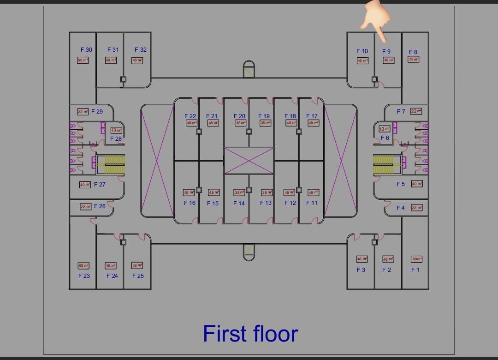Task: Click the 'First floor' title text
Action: (x=250, y=334)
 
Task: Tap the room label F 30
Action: (x=86, y=49)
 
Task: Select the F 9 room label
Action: (x=386, y=51)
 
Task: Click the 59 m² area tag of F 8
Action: (x=414, y=59)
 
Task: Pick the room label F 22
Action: (x=190, y=116)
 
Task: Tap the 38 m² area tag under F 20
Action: (x=240, y=123)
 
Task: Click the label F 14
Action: (x=239, y=203)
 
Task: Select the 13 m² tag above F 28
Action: (x=116, y=130)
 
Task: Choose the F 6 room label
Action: (x=385, y=138)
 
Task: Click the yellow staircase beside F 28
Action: (x=115, y=165)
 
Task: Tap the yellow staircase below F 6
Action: (x=383, y=164)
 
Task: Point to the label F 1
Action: (x=415, y=270)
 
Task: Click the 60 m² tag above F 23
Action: (x=83, y=265)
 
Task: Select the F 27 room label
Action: (x=100, y=184)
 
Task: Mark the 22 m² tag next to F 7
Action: (x=416, y=111)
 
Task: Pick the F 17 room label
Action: (x=312, y=116)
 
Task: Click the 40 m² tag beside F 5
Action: (x=417, y=184)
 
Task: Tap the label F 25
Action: (x=138, y=276)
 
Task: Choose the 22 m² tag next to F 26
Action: (x=85, y=207)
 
